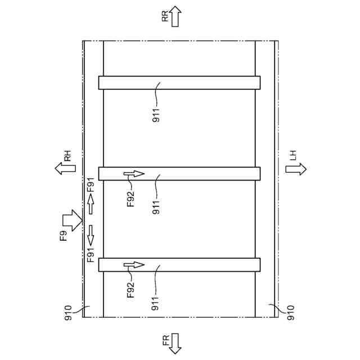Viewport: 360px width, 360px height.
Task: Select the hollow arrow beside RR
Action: (175, 16)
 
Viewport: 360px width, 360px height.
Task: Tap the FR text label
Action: (166, 340)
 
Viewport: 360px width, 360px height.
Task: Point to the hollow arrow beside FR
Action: (175, 344)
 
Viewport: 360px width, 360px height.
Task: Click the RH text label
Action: (67, 156)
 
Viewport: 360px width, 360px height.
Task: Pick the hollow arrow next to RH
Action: (65, 169)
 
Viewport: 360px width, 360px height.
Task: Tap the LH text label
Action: (293, 155)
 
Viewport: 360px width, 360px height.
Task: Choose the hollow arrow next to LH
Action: (296, 169)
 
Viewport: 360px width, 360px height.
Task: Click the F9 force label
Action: (64, 235)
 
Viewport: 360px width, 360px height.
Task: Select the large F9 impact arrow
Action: (73, 220)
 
